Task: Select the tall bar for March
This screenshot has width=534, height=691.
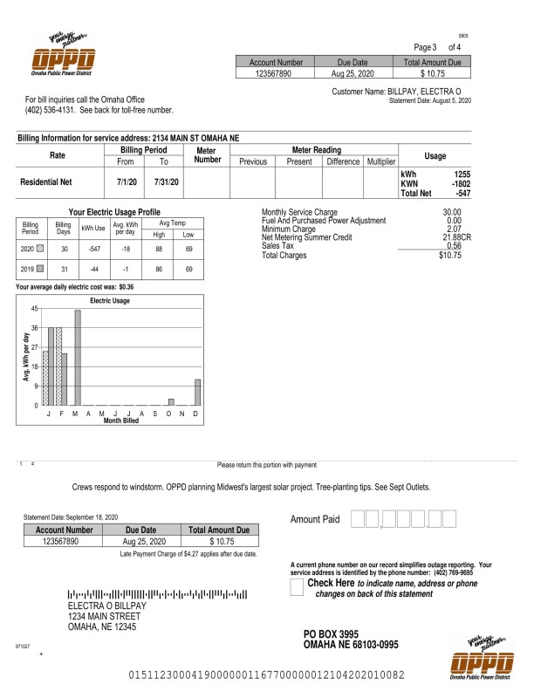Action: coord(77,358)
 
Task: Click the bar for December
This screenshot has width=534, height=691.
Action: coord(197,393)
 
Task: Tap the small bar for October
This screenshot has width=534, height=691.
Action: coord(171,402)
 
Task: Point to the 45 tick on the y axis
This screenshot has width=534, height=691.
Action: coord(34,309)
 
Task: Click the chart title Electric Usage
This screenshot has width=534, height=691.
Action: coord(110,301)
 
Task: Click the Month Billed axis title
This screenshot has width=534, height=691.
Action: coord(121,420)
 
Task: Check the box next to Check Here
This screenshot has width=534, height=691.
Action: coord(297,586)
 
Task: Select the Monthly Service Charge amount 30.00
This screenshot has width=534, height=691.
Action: coord(452,213)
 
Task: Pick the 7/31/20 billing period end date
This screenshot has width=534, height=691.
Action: coord(166,183)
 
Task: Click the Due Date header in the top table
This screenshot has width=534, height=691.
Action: coord(355,63)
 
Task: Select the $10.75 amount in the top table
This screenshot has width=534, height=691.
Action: coord(433,75)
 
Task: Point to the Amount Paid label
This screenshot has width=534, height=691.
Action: coord(314,519)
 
